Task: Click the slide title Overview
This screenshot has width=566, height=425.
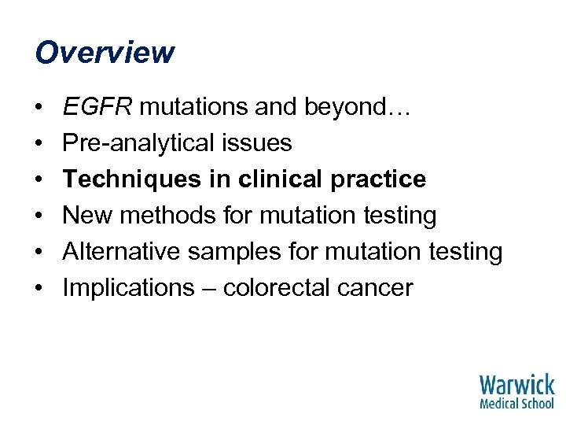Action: [x=105, y=53]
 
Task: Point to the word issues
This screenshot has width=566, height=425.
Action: [x=256, y=143]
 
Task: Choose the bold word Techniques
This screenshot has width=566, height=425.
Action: [x=129, y=179]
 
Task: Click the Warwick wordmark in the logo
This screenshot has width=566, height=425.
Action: [x=516, y=386]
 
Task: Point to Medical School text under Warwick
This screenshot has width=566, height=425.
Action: [x=516, y=403]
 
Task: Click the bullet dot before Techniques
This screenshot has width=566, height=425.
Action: [x=39, y=180]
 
